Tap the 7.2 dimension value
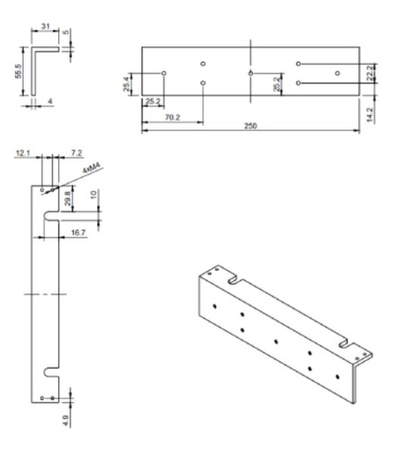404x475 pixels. (77, 152)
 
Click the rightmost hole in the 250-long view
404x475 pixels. (337, 72)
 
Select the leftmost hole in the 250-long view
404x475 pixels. (164, 72)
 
